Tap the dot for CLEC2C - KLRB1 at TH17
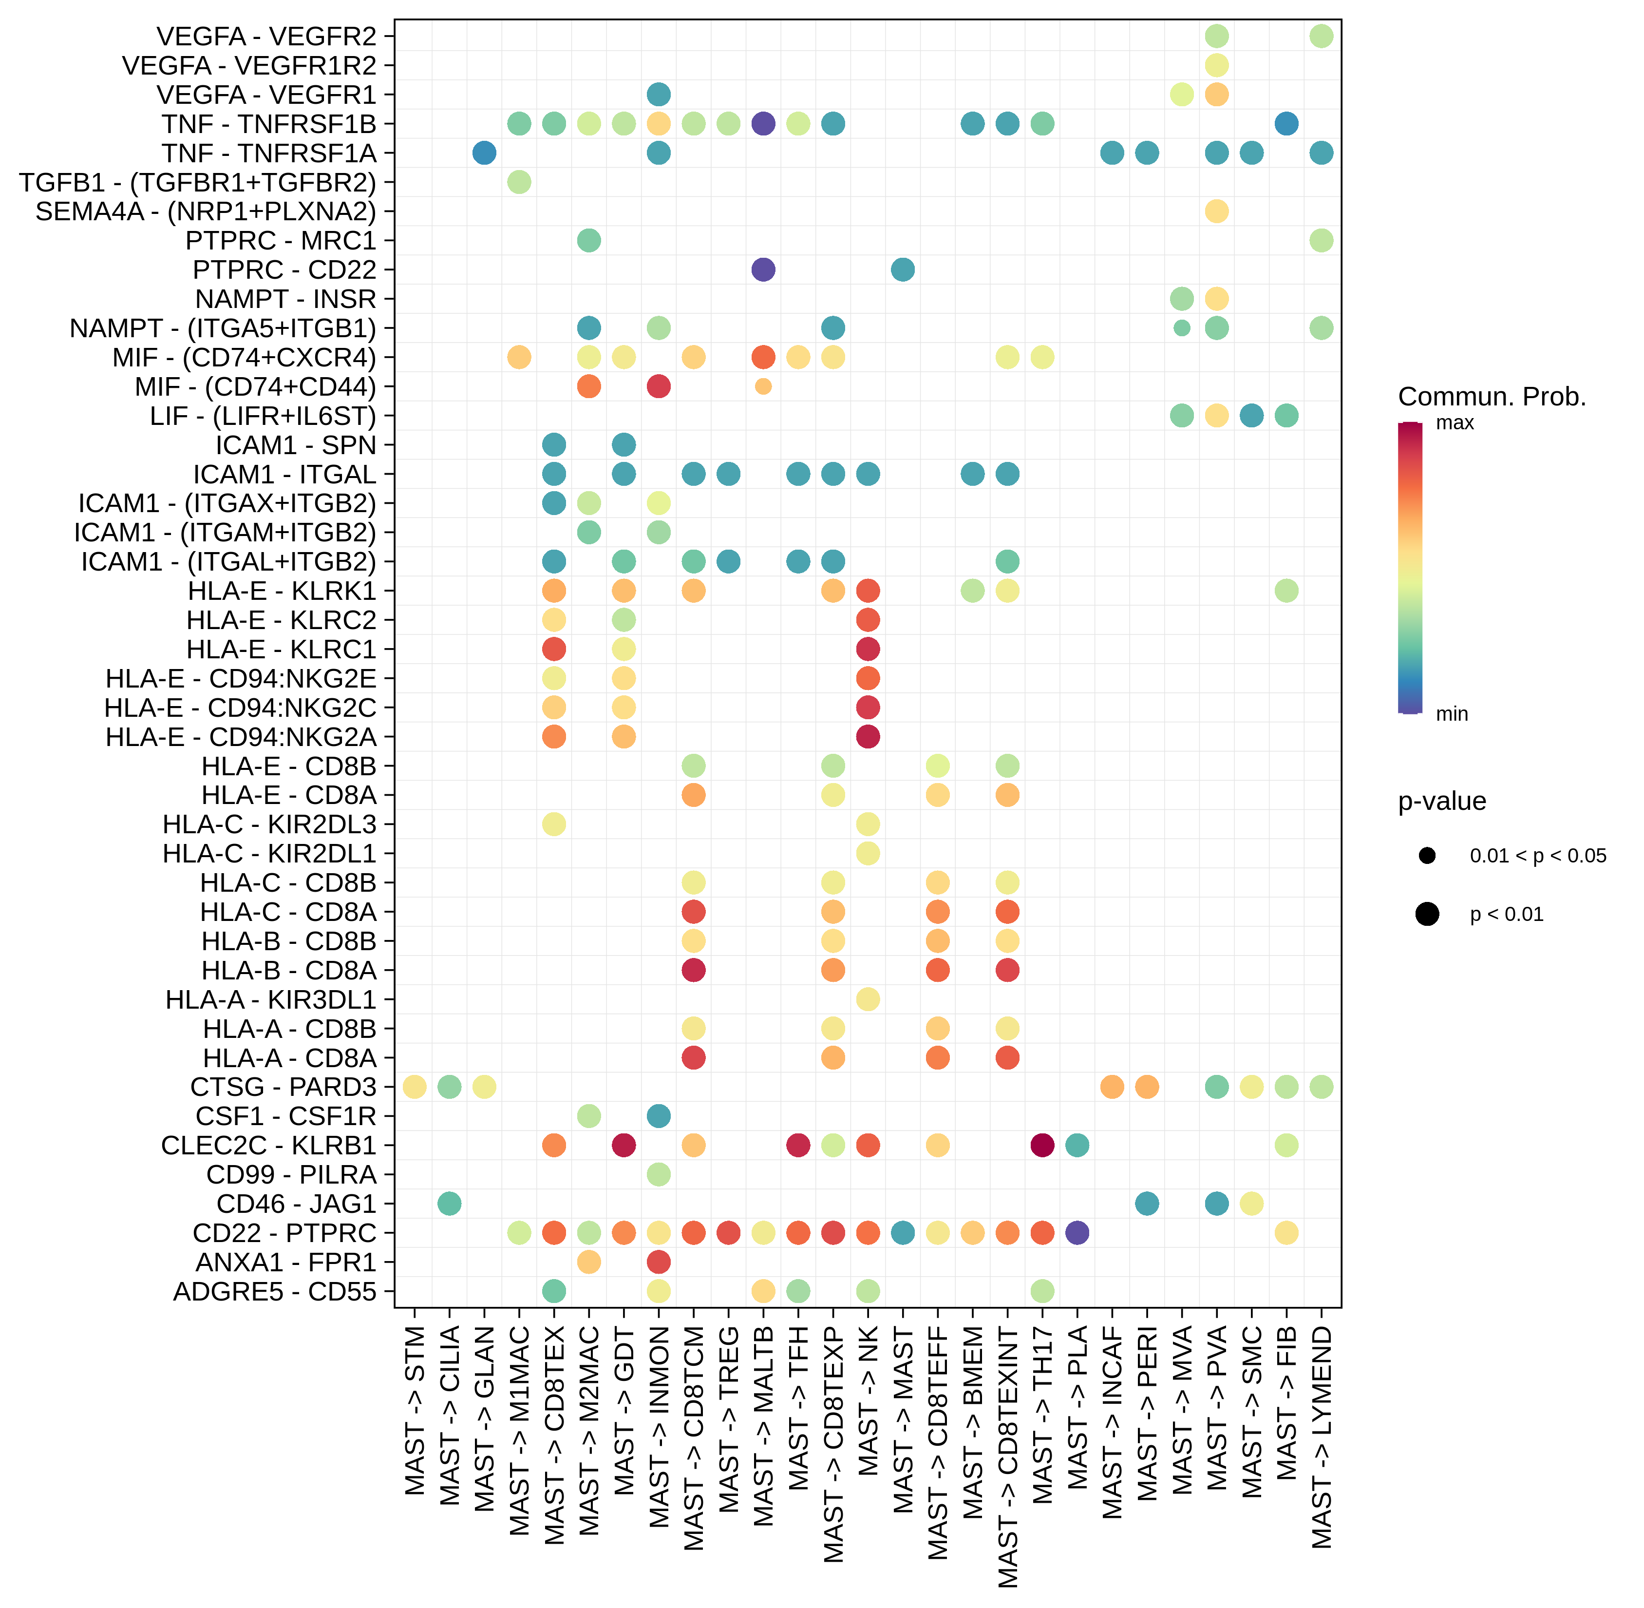click(x=1042, y=1145)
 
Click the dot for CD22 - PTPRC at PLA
click(x=1077, y=1233)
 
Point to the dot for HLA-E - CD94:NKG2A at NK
click(x=867, y=736)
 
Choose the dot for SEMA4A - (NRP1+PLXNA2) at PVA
click(x=1216, y=211)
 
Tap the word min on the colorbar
click(x=1452, y=714)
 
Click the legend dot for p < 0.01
click(x=1427, y=914)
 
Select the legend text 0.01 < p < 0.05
click(x=1538, y=856)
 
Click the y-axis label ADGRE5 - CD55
click(x=274, y=1291)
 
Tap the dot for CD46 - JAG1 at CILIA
click(x=449, y=1204)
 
